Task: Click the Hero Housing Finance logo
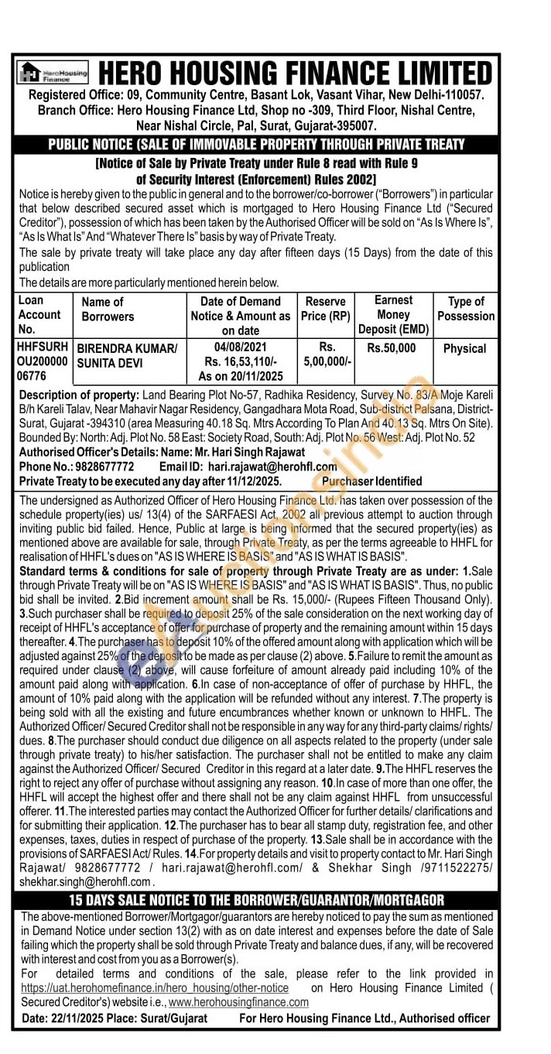point(53,73)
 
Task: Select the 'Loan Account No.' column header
point(39,315)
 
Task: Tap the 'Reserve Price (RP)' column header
point(325,309)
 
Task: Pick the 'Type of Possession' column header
point(465,309)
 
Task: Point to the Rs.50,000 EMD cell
point(391,349)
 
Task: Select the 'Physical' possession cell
point(464,349)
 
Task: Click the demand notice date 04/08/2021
point(241,348)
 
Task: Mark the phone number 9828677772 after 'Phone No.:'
point(104,467)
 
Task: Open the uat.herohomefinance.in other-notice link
point(155,988)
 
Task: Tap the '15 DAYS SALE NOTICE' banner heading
point(257,900)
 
